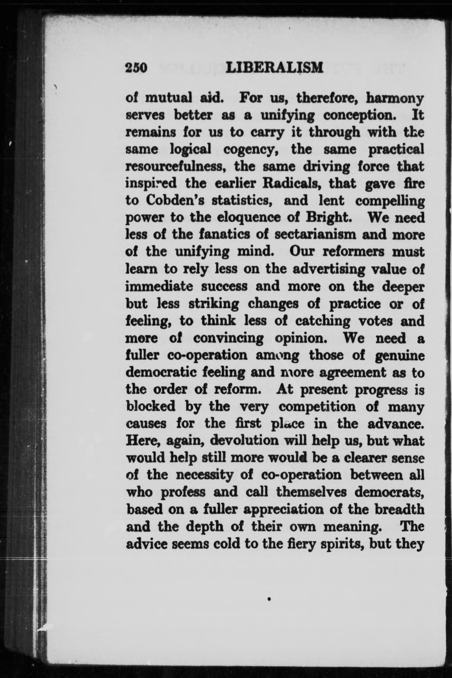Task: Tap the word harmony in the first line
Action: (x=395, y=99)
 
